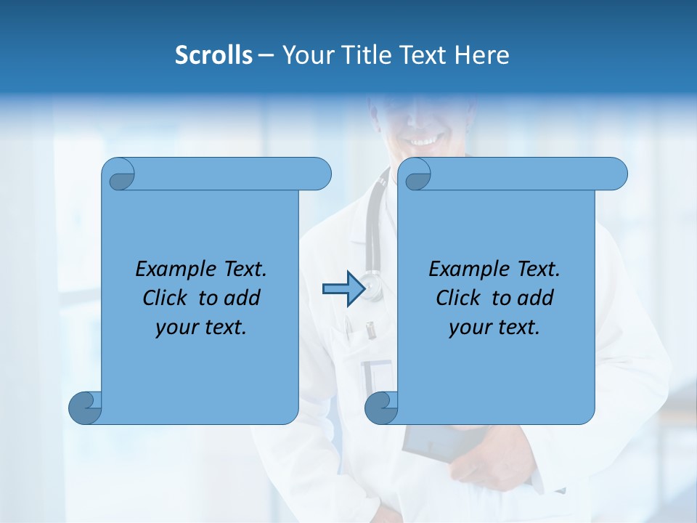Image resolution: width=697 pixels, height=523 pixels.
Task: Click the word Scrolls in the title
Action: pos(213,54)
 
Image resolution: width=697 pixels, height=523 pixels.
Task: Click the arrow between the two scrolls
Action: pos(343,289)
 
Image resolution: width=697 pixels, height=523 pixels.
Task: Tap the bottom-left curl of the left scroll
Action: pos(84,408)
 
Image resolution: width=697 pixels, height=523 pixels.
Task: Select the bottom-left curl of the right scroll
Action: pos(380,408)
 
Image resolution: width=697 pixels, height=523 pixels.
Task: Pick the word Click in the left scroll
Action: pos(167,298)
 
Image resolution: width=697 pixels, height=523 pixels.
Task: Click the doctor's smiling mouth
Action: pos(423,139)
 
